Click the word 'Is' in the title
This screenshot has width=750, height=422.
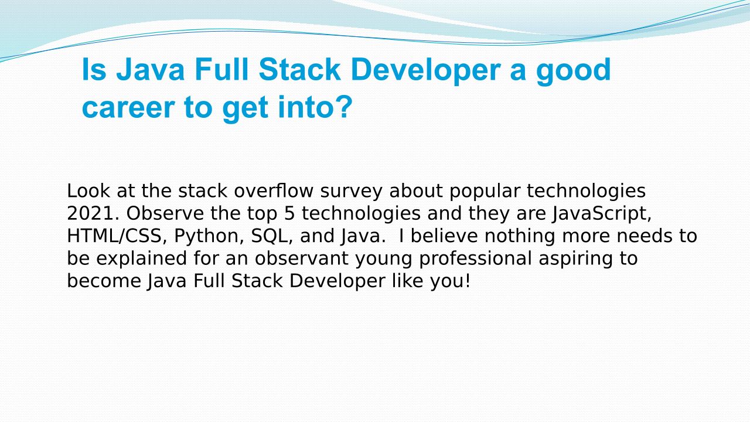(x=94, y=69)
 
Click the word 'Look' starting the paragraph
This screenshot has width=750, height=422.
(x=88, y=190)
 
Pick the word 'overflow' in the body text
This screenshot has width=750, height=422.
(x=274, y=190)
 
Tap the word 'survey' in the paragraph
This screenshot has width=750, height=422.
(x=351, y=192)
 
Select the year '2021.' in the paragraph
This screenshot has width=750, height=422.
(x=93, y=213)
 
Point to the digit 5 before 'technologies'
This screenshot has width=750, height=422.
(x=289, y=213)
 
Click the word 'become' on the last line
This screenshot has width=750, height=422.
(x=104, y=281)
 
